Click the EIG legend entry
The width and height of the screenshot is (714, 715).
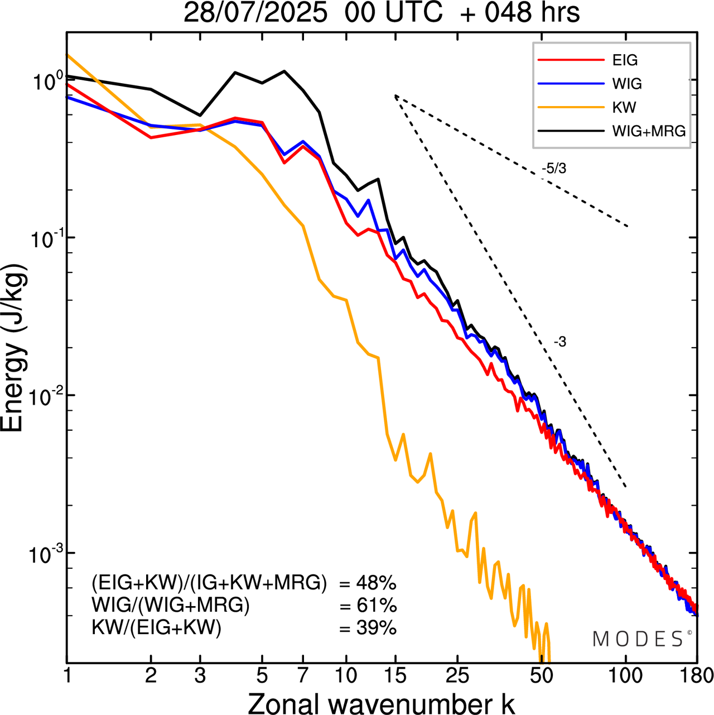[x=625, y=60]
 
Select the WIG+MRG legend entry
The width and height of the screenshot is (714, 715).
[x=649, y=131]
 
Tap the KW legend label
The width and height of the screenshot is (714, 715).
[x=624, y=107]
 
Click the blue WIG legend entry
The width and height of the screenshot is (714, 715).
[x=627, y=84]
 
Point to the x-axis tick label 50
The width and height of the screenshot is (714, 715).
[x=542, y=676]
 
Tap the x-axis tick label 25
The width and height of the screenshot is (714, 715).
[x=457, y=676]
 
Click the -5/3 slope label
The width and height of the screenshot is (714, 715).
[x=554, y=168]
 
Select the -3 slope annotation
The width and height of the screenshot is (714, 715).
[x=560, y=342]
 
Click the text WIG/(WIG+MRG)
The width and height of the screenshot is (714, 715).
[x=171, y=606]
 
